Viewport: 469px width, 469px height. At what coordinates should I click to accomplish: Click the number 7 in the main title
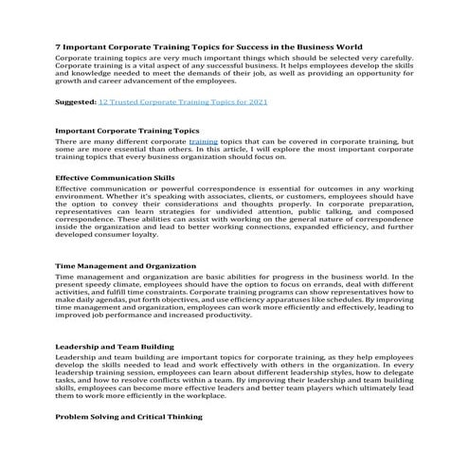pyautogui.click(x=59, y=45)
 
